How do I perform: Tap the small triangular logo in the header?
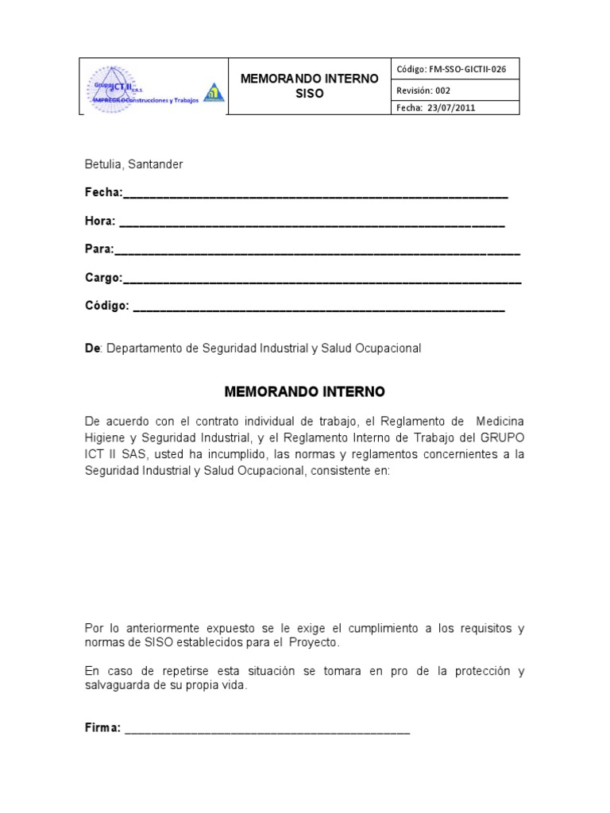[214, 93]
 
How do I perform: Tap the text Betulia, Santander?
[133, 164]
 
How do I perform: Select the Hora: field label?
[100, 221]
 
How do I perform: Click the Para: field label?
[99, 249]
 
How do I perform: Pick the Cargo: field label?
[103, 278]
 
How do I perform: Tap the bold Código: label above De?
[106, 306]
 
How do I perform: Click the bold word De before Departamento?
[91, 348]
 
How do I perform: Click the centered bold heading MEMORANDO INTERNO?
[304, 392]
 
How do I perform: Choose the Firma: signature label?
[102, 728]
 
